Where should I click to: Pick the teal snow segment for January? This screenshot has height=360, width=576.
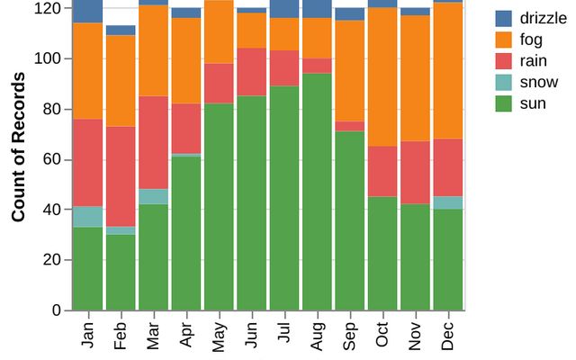[x=87, y=217]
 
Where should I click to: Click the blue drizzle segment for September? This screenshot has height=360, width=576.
[x=350, y=13]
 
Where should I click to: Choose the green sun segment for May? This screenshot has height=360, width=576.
[x=219, y=207]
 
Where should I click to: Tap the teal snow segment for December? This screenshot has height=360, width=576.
[x=448, y=203]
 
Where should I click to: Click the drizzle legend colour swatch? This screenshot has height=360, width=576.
[x=504, y=18]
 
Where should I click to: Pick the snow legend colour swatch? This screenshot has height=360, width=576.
[x=504, y=83]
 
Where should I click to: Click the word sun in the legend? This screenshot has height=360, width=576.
[x=533, y=104]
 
